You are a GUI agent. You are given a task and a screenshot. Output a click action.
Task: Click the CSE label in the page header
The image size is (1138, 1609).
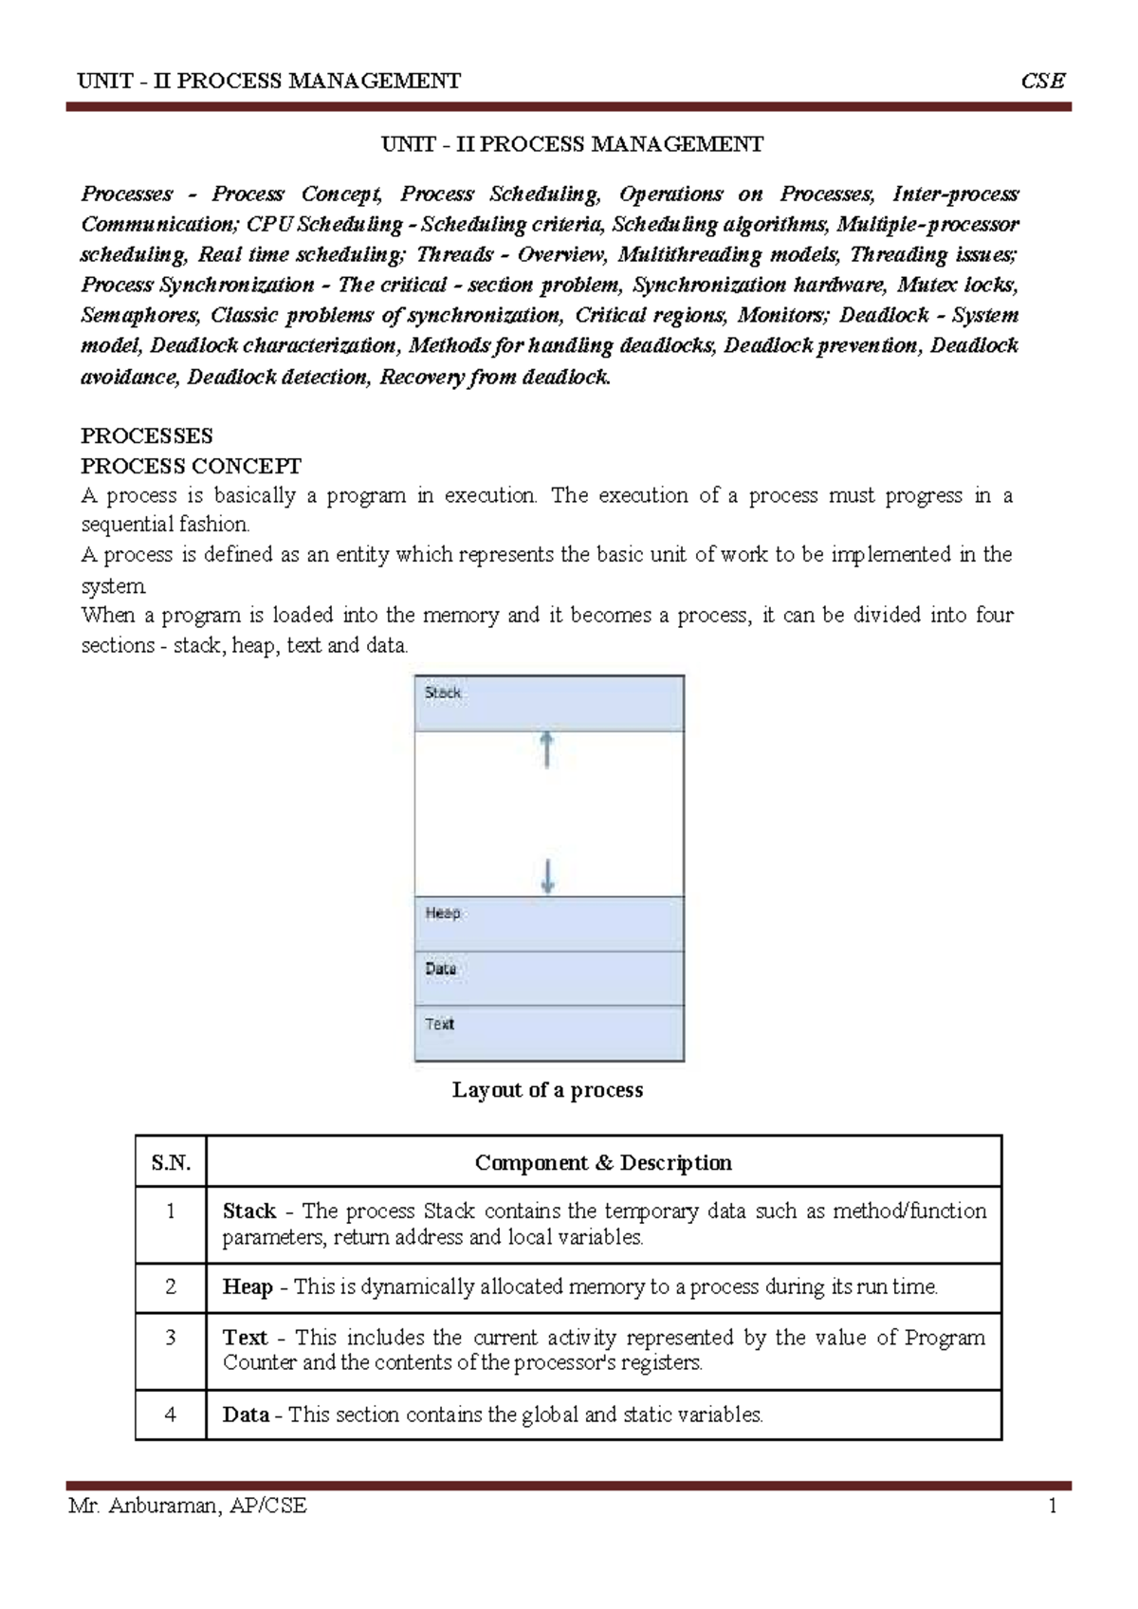(1042, 81)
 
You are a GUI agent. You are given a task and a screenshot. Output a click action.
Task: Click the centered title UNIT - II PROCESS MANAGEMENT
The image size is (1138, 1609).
(572, 144)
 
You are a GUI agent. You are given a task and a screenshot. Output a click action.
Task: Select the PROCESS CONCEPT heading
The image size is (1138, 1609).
(191, 466)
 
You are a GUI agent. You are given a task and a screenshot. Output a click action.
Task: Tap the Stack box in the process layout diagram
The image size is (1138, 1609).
(549, 703)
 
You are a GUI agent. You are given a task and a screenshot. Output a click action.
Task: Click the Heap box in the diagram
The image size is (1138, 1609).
(549, 924)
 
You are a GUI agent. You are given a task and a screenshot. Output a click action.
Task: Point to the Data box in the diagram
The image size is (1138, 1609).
(549, 978)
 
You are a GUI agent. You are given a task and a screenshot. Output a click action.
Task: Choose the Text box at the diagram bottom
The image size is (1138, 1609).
(549, 1033)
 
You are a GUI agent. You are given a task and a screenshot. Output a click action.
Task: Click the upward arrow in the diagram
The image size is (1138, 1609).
(547, 749)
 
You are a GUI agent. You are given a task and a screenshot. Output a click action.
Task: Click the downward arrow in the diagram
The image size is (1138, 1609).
(547, 876)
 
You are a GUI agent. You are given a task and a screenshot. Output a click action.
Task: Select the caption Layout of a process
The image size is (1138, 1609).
(547, 1090)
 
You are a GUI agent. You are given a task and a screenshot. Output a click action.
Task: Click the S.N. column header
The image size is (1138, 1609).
(171, 1163)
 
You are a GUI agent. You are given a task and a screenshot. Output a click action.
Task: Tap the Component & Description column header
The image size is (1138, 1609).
(603, 1163)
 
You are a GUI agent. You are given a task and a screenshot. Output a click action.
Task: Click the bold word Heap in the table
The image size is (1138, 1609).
(248, 1287)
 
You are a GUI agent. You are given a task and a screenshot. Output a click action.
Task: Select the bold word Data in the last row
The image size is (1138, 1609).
(246, 1415)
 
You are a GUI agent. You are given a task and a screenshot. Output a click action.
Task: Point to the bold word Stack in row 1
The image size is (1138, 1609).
(248, 1211)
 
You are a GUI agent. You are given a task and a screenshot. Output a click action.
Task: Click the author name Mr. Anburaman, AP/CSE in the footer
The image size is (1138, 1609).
(188, 1506)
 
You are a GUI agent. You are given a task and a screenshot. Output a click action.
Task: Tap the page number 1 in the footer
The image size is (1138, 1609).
(1053, 1506)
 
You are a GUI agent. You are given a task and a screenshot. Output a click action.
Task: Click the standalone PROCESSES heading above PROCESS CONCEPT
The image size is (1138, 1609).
(147, 436)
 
